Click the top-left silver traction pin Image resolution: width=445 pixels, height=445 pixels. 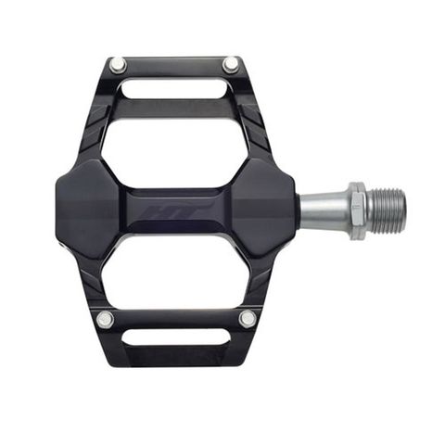(x=118, y=65)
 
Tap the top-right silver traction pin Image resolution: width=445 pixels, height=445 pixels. (x=230, y=64)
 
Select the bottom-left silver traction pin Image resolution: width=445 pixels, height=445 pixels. (x=105, y=320)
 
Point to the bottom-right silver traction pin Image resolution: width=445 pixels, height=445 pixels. (x=247, y=319)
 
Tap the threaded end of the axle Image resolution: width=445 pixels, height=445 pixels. (x=386, y=210)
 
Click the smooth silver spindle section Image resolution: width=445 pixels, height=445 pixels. (x=323, y=210)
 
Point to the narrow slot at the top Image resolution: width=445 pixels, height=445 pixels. (x=173, y=89)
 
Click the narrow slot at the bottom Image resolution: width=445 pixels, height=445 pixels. (x=176, y=337)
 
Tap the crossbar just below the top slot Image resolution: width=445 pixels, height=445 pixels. (x=173, y=108)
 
